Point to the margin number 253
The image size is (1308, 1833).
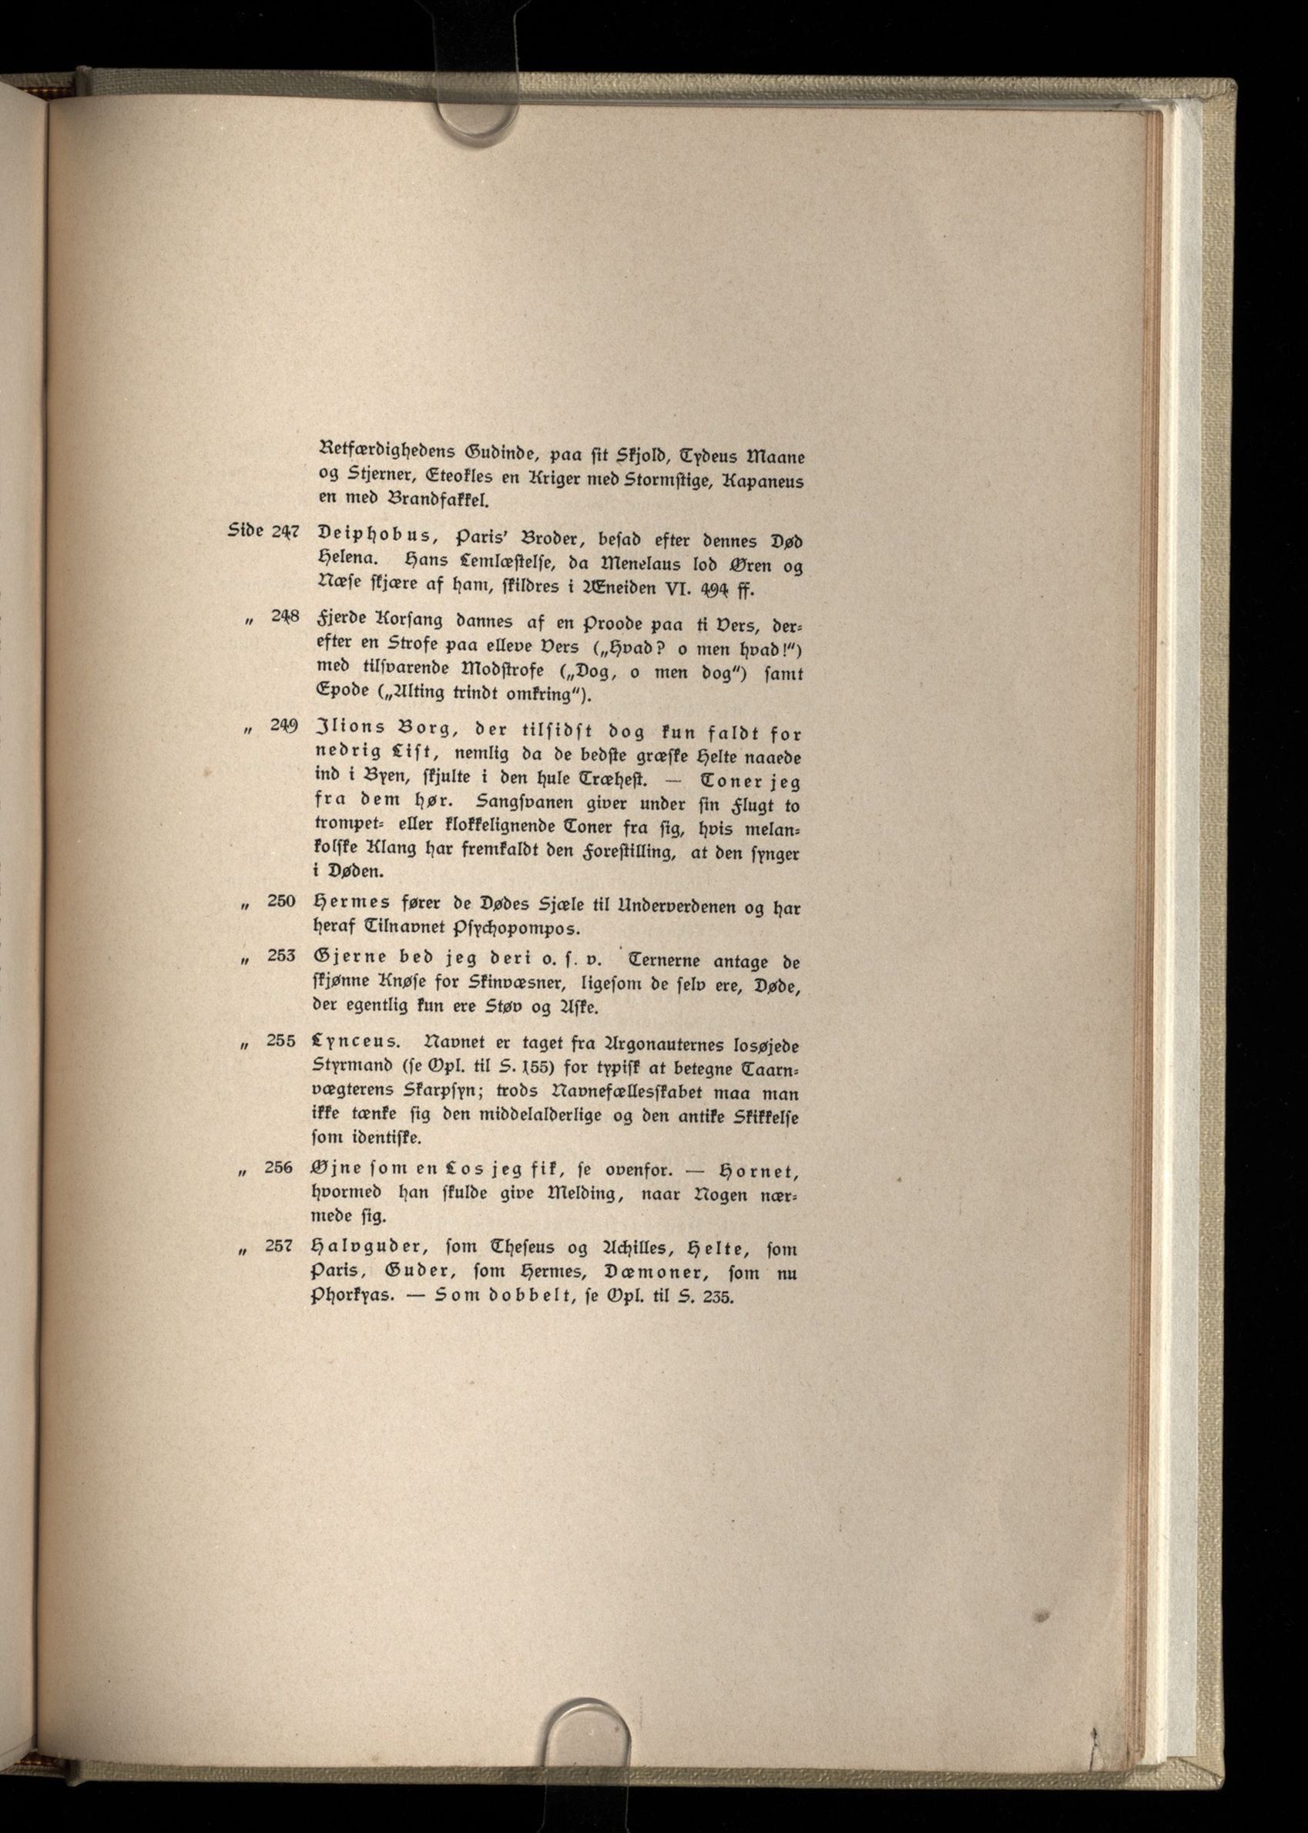click(281, 955)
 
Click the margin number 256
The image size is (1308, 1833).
click(279, 1167)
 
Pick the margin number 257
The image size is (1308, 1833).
click(279, 1245)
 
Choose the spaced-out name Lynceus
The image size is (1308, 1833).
click(354, 1043)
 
